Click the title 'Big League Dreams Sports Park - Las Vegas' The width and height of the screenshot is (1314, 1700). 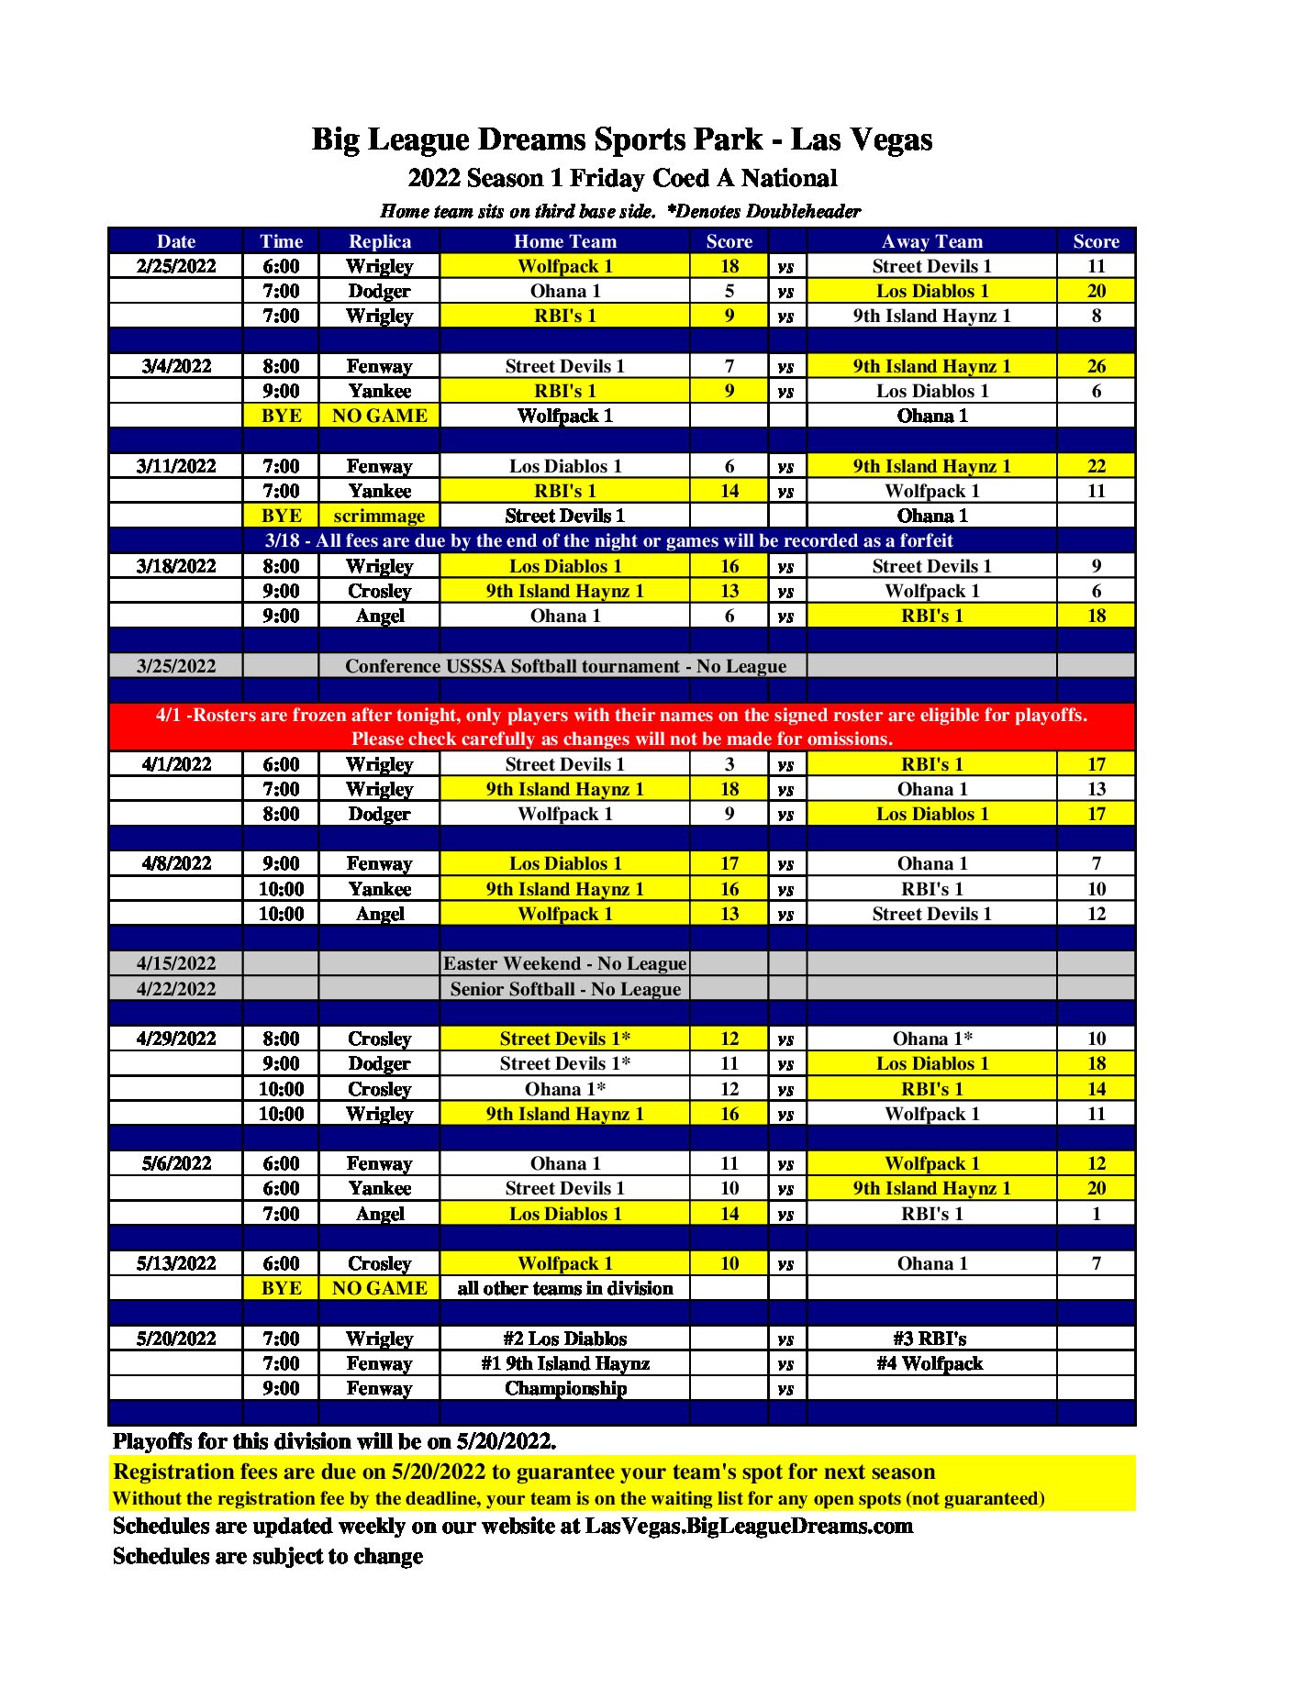621,139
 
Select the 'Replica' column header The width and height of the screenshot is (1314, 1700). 379,241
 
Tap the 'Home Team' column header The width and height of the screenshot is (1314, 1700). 564,241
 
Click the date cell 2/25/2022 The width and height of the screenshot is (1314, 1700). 175,266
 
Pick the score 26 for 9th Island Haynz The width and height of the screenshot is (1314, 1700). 1096,366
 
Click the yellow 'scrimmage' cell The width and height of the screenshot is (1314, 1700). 379,516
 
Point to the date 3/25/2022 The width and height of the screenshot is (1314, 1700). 175,666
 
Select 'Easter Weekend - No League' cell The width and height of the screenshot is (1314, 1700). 564,963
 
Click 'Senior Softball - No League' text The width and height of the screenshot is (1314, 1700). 565,989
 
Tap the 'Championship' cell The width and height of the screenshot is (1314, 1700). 565,1388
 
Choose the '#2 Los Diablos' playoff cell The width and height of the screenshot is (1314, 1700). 564,1339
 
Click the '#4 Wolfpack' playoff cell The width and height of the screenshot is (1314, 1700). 930,1363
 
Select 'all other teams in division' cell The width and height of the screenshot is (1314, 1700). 564,1288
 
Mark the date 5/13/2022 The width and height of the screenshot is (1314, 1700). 175,1263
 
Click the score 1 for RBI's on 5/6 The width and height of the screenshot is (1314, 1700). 1096,1214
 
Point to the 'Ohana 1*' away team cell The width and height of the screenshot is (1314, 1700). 931,1039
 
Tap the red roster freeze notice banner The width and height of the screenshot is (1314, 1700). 621,727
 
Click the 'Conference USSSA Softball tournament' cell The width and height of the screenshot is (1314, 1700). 564,666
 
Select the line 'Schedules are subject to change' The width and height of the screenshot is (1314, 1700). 268,1556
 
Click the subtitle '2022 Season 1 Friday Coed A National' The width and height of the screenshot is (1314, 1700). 622,178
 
